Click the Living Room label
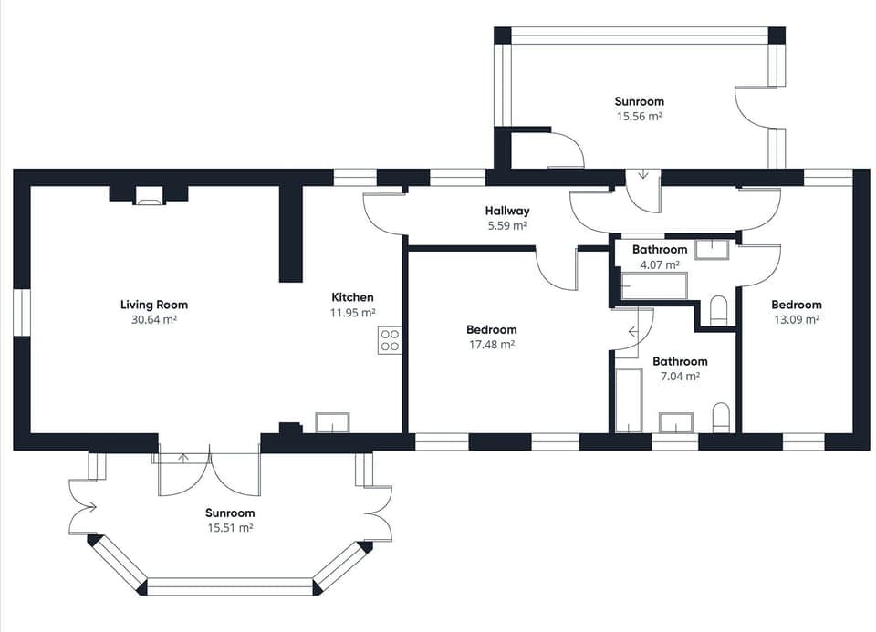click(153, 305)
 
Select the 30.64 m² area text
click(153, 319)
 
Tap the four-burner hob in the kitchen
click(390, 340)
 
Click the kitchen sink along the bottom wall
click(332, 422)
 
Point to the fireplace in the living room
click(149, 193)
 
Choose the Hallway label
click(507, 211)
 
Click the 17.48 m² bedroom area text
click(491, 345)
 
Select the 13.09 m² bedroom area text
click(796, 319)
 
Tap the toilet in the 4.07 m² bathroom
click(718, 310)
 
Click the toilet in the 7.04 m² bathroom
click(721, 418)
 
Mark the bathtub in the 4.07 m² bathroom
click(653, 285)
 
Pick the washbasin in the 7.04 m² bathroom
click(676, 422)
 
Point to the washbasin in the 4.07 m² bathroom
click(712, 249)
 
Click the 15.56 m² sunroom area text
click(639, 117)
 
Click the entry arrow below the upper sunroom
click(642, 173)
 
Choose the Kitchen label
click(352, 297)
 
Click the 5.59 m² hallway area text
click(507, 225)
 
